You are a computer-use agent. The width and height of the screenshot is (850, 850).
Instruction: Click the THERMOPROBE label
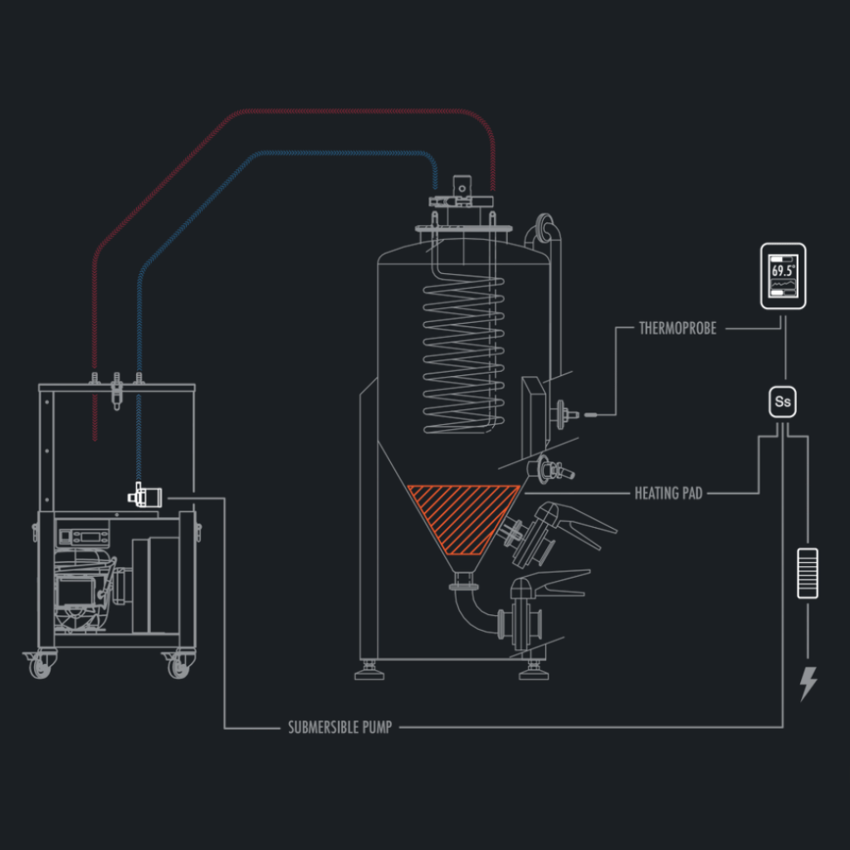(677, 328)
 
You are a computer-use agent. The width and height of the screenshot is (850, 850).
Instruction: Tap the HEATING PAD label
(668, 493)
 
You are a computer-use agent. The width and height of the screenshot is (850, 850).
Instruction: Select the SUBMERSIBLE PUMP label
(340, 728)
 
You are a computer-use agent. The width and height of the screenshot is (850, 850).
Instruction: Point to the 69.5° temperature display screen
(784, 276)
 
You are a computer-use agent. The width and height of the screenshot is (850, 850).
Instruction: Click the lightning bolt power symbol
(808, 682)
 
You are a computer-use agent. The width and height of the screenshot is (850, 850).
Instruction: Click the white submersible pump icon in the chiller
(144, 496)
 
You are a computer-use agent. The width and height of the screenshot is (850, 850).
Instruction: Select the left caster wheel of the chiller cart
(41, 665)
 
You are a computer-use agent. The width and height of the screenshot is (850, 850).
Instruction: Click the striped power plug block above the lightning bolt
(808, 573)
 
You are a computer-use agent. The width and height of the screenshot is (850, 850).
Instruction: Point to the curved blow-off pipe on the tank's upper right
(548, 232)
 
